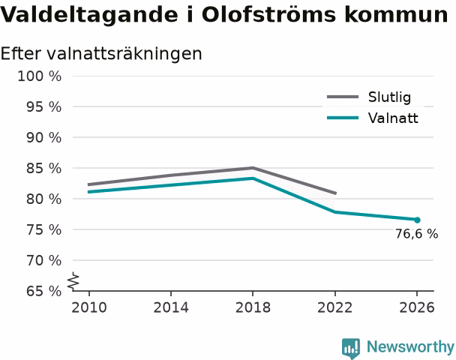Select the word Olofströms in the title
pos(268,14)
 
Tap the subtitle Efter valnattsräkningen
pos(101,54)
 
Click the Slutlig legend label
pos(389,97)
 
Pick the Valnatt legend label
pos(393,118)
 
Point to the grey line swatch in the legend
pos(343,97)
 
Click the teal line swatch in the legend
pos(343,118)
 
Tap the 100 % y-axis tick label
pos(40,76)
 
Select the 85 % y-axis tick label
pos(44,168)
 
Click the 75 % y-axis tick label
pos(44,230)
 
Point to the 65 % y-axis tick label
pos(44,291)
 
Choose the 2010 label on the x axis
pos(89,307)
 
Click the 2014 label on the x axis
pos(171,307)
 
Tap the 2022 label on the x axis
pos(335,307)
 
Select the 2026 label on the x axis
pos(417,307)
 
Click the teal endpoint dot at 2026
pos(417,220)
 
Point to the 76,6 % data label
pos(416,234)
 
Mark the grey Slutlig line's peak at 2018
pos(253,168)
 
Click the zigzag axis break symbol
pos(73,281)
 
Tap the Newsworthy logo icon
pos(351,348)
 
